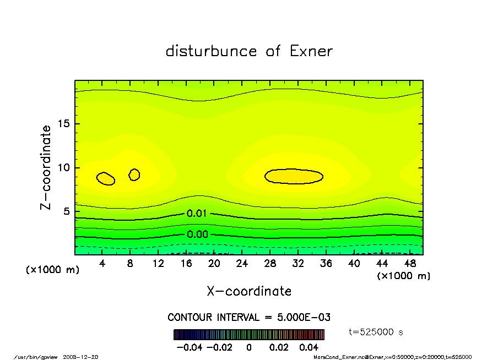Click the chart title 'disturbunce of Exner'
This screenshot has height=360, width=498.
pos(249,51)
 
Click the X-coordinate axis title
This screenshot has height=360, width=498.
pos(249,291)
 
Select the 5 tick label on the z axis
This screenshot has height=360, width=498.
pos(66,211)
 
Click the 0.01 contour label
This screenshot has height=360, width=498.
pos(197,214)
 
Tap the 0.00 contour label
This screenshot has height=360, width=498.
pos(197,234)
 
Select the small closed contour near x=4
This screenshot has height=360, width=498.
pos(105,178)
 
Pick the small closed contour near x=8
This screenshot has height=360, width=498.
pos(134,174)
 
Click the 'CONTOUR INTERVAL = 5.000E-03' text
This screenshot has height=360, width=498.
pos(249,318)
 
